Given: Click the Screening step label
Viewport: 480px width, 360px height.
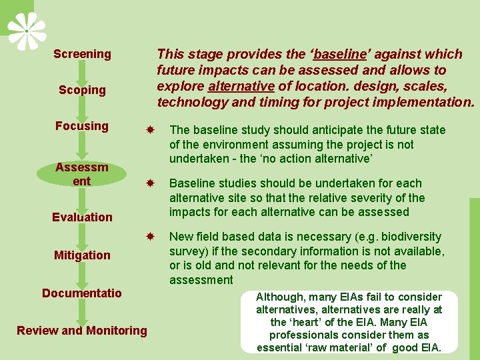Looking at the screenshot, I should click(82, 54).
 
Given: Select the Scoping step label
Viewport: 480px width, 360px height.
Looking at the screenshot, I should click(82, 90).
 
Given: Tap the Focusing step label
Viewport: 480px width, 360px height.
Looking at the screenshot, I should click(82, 126).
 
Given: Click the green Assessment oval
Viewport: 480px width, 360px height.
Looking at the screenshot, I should click(82, 173).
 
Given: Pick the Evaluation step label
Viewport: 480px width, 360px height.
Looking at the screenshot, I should click(82, 217).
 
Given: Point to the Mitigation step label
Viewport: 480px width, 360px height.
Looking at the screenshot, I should click(82, 255).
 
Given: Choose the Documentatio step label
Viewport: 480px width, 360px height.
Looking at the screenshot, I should click(82, 293).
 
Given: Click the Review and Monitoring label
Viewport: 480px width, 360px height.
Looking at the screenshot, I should click(82, 330).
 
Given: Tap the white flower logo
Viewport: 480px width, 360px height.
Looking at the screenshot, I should click(27, 31).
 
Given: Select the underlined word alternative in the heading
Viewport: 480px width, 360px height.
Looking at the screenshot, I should click(241, 86).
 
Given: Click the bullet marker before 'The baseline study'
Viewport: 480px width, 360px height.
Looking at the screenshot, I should click(151, 130).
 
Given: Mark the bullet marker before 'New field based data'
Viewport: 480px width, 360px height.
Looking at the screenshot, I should click(151, 237).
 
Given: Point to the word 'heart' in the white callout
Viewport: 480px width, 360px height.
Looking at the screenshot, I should click(307, 322).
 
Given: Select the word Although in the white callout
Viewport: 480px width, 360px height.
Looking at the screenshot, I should click(281, 297).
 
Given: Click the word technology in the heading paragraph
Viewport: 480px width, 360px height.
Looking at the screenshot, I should click(189, 102).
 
